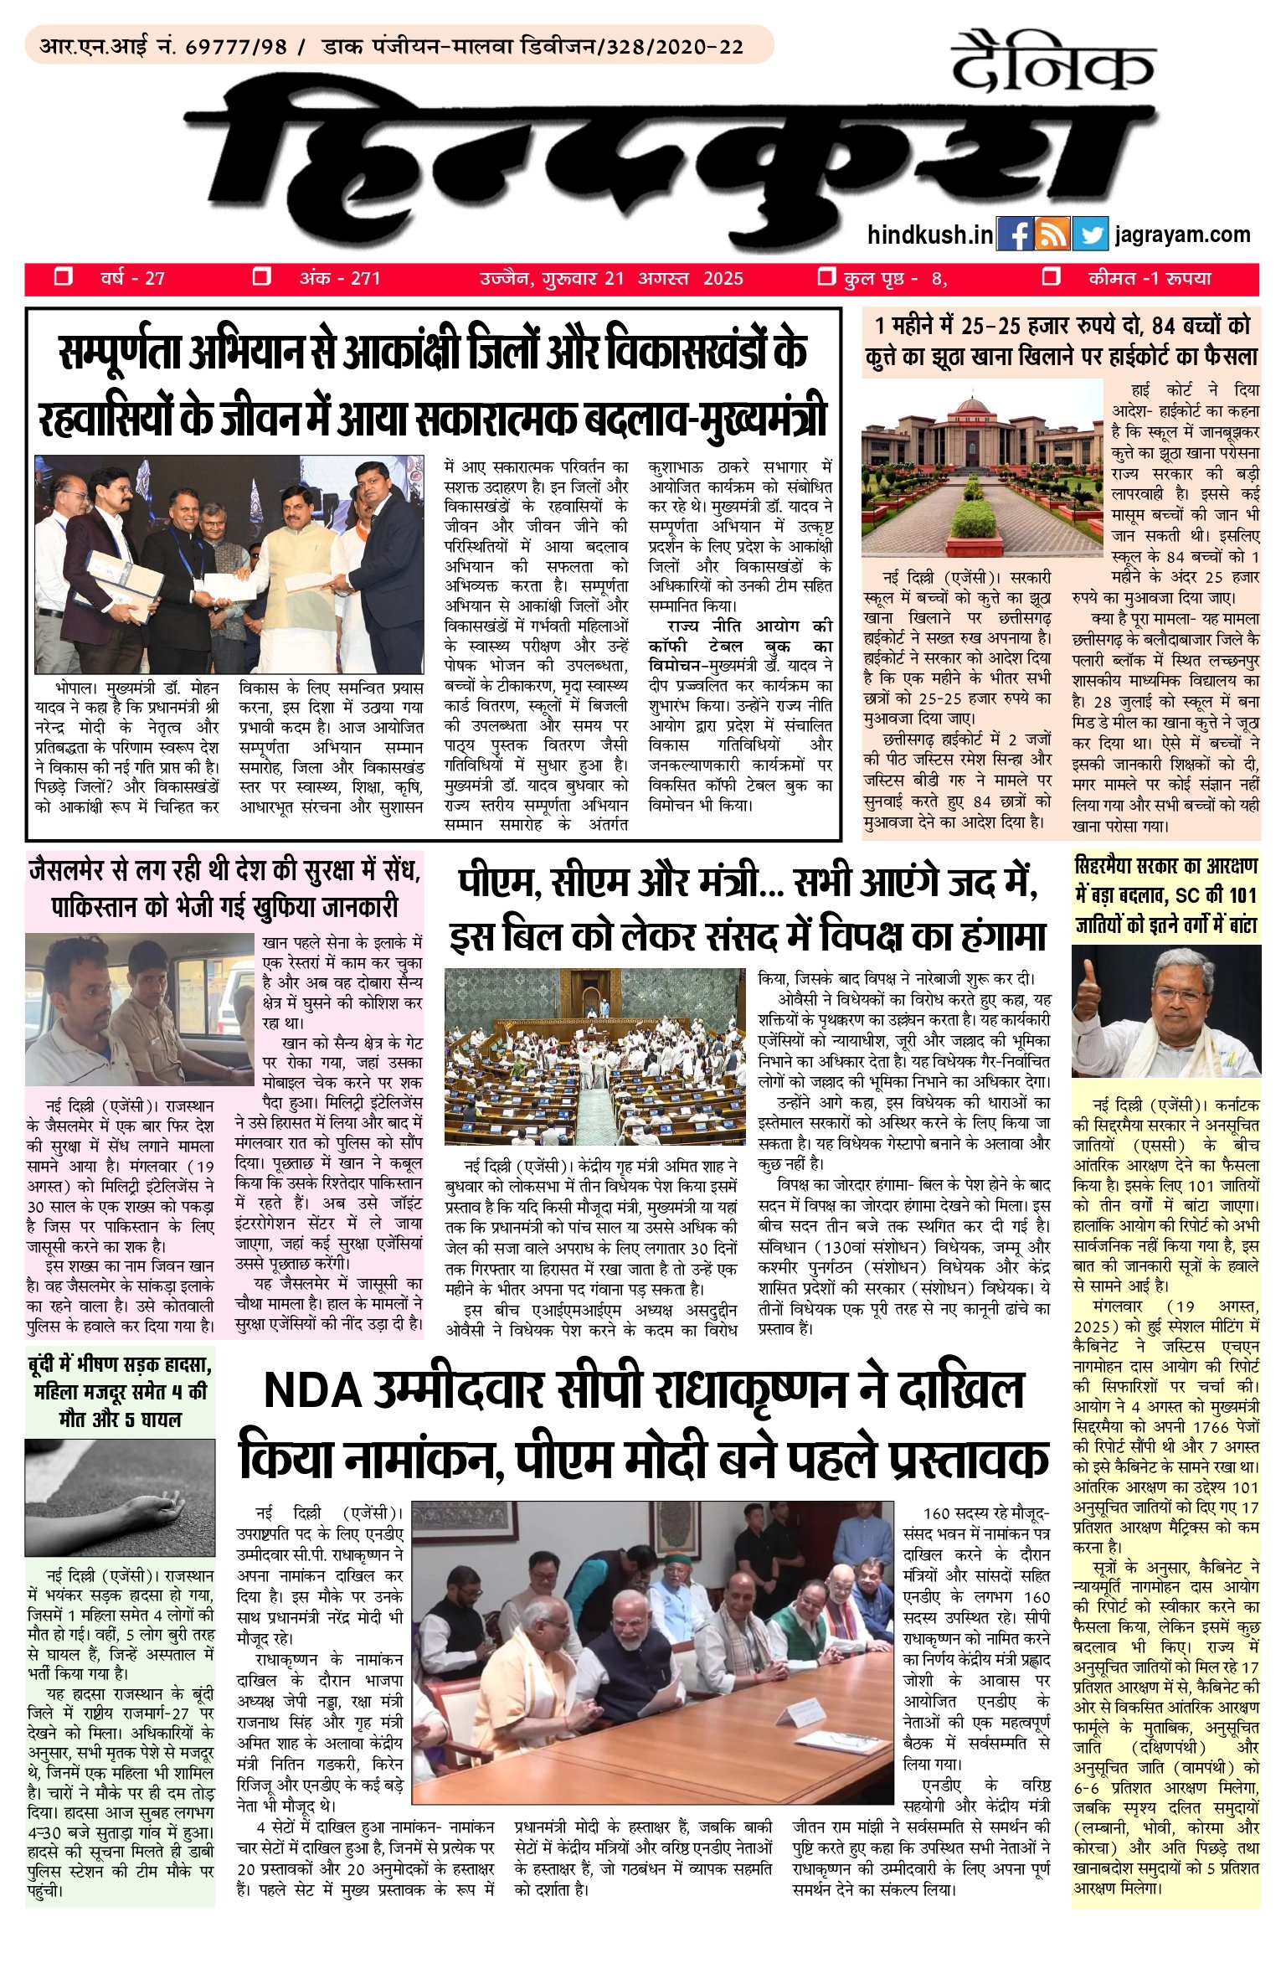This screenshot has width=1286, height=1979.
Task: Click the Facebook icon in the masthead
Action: pyautogui.click(x=1015, y=234)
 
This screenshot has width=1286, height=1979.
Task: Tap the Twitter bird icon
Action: pyautogui.click(x=1090, y=234)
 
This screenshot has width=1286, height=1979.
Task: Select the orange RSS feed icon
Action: pyautogui.click(x=1052, y=234)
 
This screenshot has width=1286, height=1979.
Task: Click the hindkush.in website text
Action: pyautogui.click(x=930, y=234)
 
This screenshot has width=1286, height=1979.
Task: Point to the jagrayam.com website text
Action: pyautogui.click(x=1182, y=234)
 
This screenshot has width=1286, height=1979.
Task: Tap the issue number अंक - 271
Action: pyautogui.click(x=340, y=278)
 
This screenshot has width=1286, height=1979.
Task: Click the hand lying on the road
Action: pyautogui.click(x=159, y=1507)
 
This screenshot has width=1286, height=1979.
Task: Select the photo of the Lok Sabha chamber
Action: pyautogui.click(x=594, y=1056)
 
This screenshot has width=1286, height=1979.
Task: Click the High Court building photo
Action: pyautogui.click(x=982, y=468)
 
